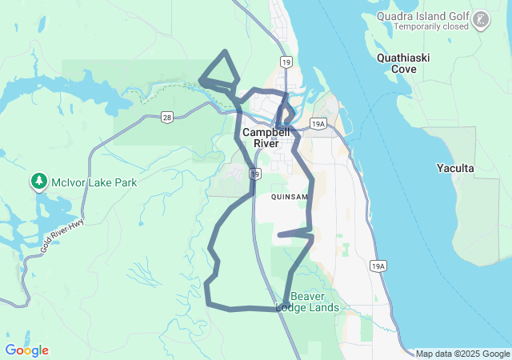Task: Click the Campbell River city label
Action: click(x=260, y=137)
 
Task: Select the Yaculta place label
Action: click(x=456, y=168)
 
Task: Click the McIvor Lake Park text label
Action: click(x=94, y=182)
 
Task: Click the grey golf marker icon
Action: click(x=482, y=18)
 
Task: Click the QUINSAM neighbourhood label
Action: click(x=289, y=196)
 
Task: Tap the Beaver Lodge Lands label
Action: click(x=308, y=302)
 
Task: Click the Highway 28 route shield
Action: click(x=166, y=117)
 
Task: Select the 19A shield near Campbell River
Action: click(x=318, y=123)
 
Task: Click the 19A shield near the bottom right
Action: click(x=378, y=266)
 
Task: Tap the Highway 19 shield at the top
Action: click(x=286, y=61)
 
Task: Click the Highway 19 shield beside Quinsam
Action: click(x=254, y=173)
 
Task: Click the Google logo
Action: click(x=26, y=350)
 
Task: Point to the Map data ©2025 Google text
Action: click(x=462, y=354)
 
